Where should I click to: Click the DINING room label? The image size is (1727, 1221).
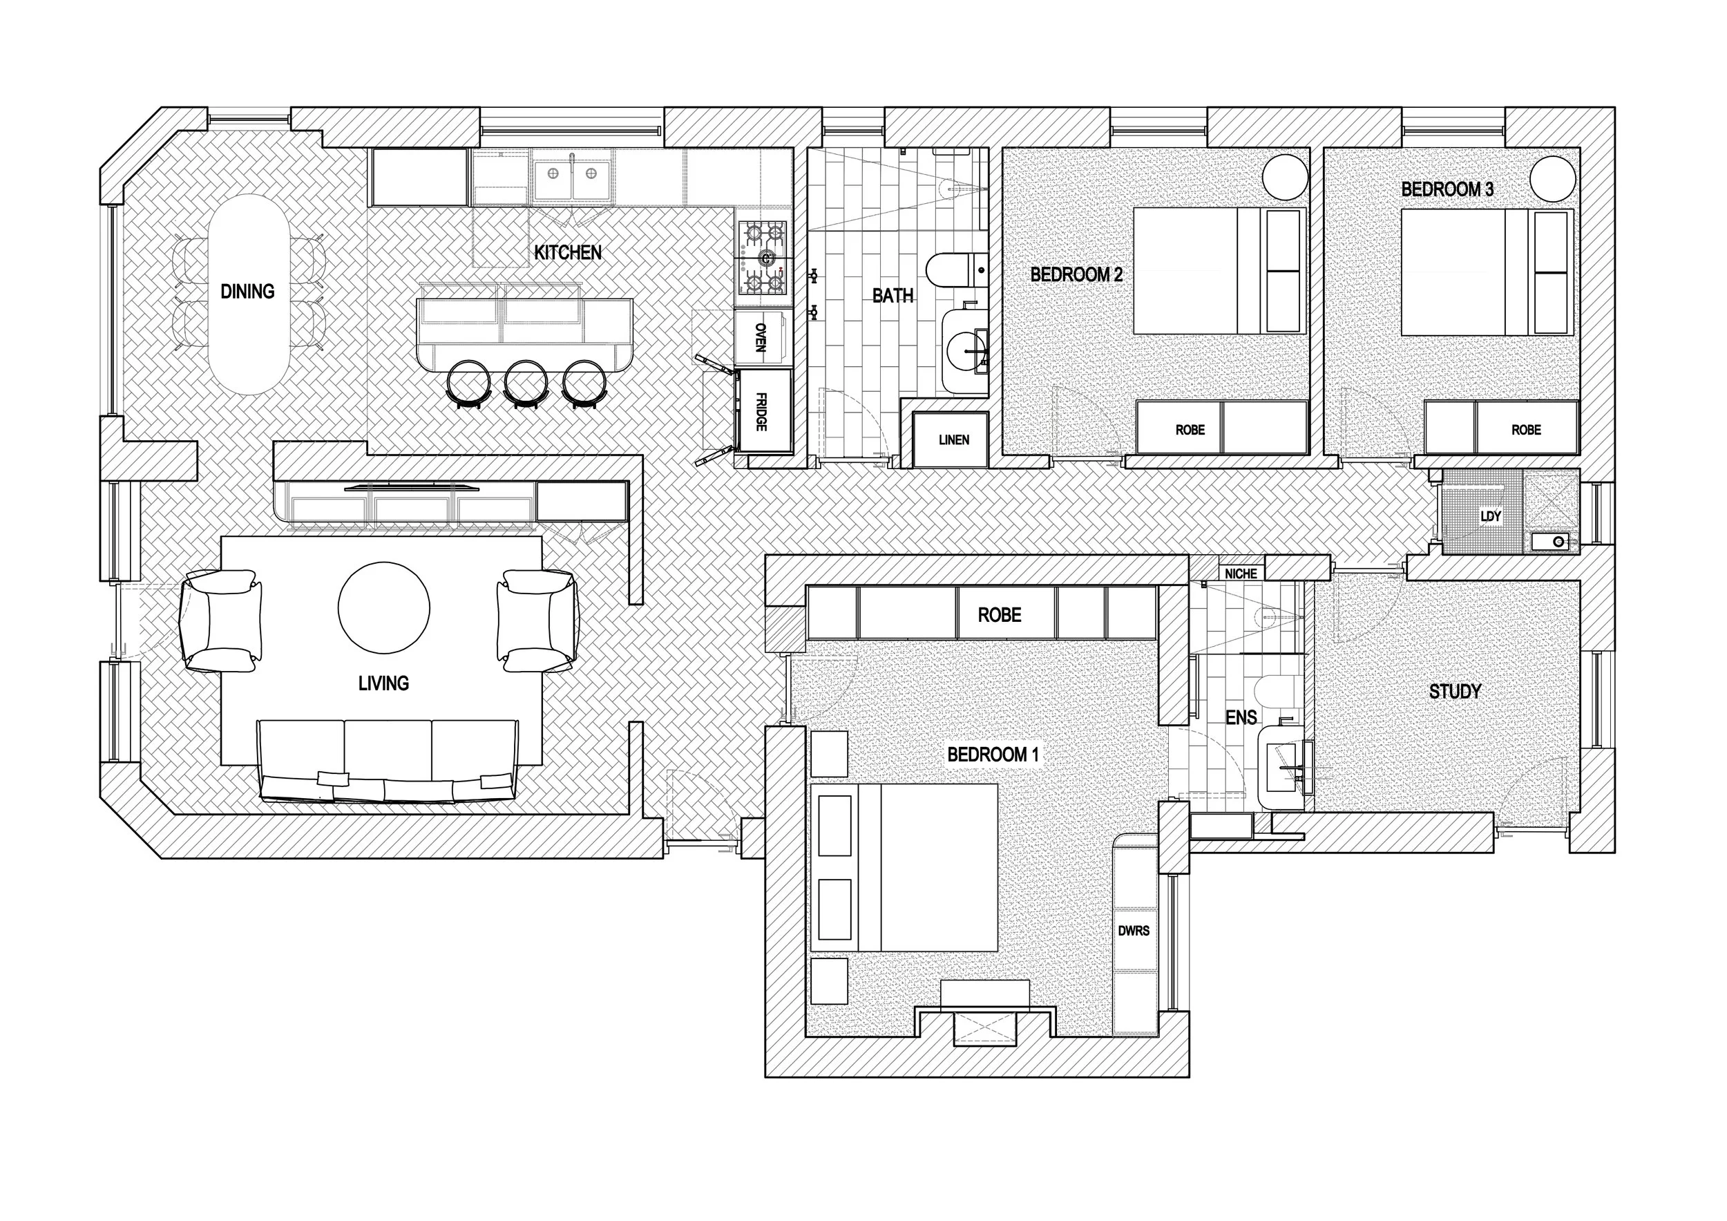(x=247, y=292)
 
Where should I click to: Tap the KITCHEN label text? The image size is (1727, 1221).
(x=567, y=253)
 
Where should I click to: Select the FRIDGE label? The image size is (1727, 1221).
(x=761, y=412)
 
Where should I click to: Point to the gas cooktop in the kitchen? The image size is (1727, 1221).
(x=763, y=258)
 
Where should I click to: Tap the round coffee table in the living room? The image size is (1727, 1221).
(x=383, y=607)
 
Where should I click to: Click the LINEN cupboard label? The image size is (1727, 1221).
(x=953, y=440)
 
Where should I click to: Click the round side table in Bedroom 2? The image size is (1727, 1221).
(x=1285, y=178)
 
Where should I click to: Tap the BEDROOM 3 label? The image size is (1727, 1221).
(x=1447, y=189)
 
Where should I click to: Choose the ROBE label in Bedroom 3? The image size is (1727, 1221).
(x=1525, y=430)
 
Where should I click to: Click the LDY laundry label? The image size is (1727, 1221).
(x=1490, y=517)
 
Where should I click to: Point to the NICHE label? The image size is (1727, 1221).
(x=1241, y=574)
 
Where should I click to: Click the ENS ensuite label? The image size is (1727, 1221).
(x=1241, y=718)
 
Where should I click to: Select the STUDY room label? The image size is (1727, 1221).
(x=1455, y=692)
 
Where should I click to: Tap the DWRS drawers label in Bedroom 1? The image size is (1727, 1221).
(x=1133, y=931)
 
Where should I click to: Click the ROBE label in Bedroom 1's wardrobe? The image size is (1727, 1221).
(x=999, y=616)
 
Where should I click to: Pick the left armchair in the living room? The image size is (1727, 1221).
(x=220, y=621)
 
